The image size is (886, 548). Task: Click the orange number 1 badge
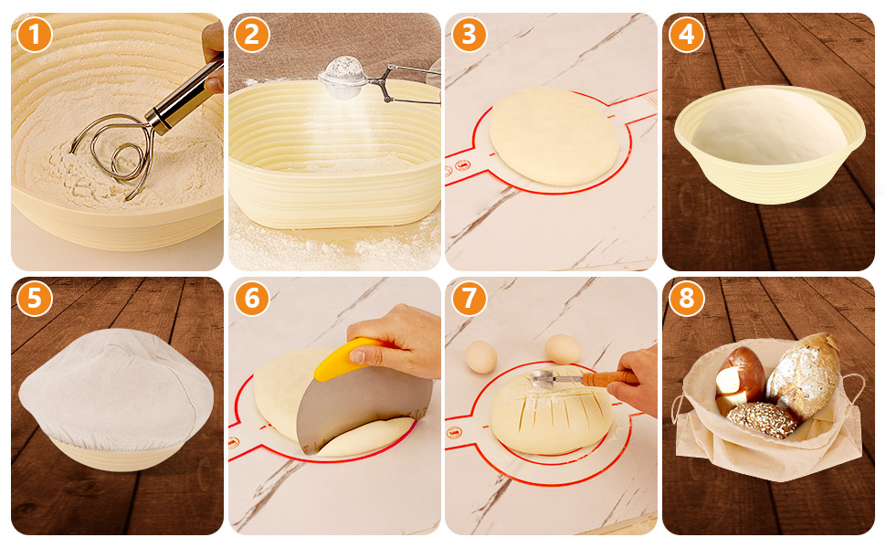[35, 35]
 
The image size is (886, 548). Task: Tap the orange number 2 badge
[251, 35]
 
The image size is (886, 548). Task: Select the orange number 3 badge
[469, 35]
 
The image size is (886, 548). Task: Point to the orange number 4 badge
[686, 35]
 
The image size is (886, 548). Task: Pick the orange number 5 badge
[35, 299]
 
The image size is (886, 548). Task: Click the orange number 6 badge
[251, 299]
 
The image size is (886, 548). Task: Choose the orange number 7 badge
[469, 299]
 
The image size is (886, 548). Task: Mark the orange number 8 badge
[686, 299]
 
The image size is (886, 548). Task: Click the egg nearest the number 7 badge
[480, 356]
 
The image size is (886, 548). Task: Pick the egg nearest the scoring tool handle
[563, 349]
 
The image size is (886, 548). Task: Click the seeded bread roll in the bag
[761, 420]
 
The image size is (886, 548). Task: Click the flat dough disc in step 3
[554, 136]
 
